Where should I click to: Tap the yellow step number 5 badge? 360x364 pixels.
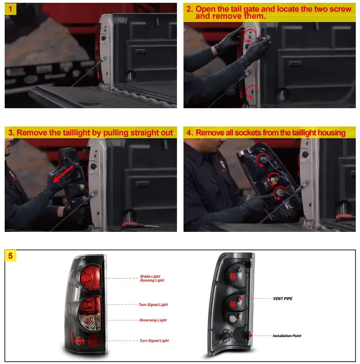click(10, 256)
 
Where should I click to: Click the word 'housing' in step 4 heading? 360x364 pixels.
click(330, 133)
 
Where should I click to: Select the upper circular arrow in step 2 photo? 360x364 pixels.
click(249, 35)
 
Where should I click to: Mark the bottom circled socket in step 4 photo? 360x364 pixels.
click(280, 192)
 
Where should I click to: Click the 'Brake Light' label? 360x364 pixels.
click(150, 276)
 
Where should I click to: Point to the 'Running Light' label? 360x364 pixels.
click(152, 281)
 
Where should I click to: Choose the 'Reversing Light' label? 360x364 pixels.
click(153, 320)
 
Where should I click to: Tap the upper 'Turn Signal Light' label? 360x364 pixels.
click(153, 305)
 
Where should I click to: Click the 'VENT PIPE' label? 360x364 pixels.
click(283, 298)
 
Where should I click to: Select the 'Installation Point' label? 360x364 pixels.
click(287, 336)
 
